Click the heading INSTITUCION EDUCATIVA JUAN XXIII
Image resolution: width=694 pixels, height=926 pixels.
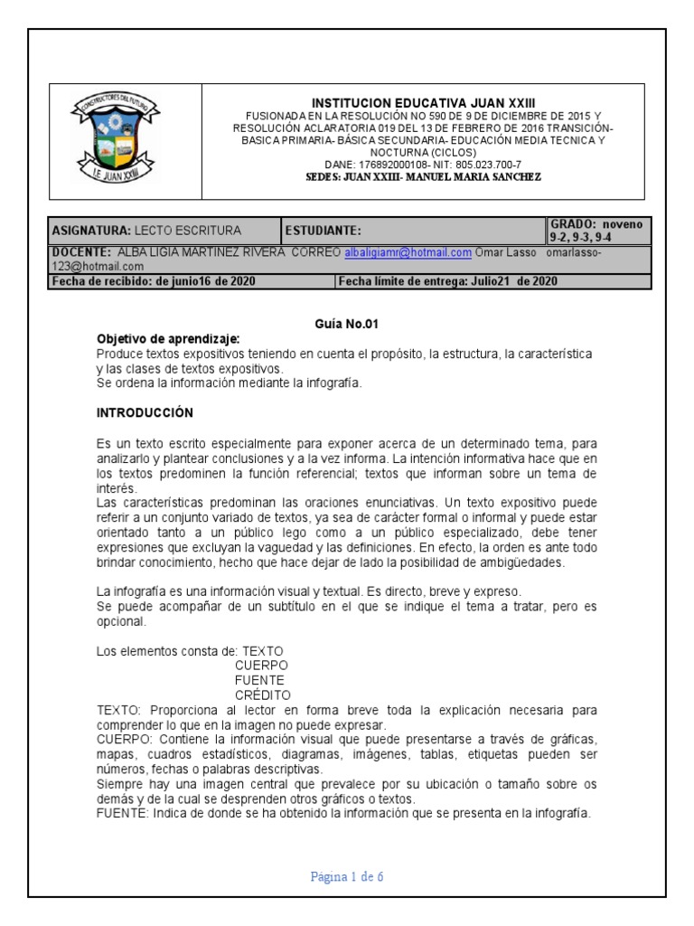coord(424,104)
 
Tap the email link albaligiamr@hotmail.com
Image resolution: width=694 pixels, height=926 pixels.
coord(408,253)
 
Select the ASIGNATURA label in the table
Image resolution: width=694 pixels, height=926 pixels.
coord(91,231)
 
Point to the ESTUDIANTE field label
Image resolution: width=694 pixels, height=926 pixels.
coord(324,231)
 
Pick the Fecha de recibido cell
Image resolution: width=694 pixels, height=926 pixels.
coord(154,281)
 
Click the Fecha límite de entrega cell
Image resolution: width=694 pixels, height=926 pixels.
coord(448,281)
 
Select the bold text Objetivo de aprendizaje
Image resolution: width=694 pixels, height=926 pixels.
coord(168,339)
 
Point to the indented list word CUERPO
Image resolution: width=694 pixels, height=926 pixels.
coord(261,665)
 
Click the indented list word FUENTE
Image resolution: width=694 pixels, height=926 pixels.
coord(259,680)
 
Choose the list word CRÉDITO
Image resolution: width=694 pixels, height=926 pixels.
coord(262,695)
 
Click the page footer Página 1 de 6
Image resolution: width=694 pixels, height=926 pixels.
coord(347,876)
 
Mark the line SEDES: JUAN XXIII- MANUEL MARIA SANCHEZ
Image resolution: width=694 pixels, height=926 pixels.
coord(424,177)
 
